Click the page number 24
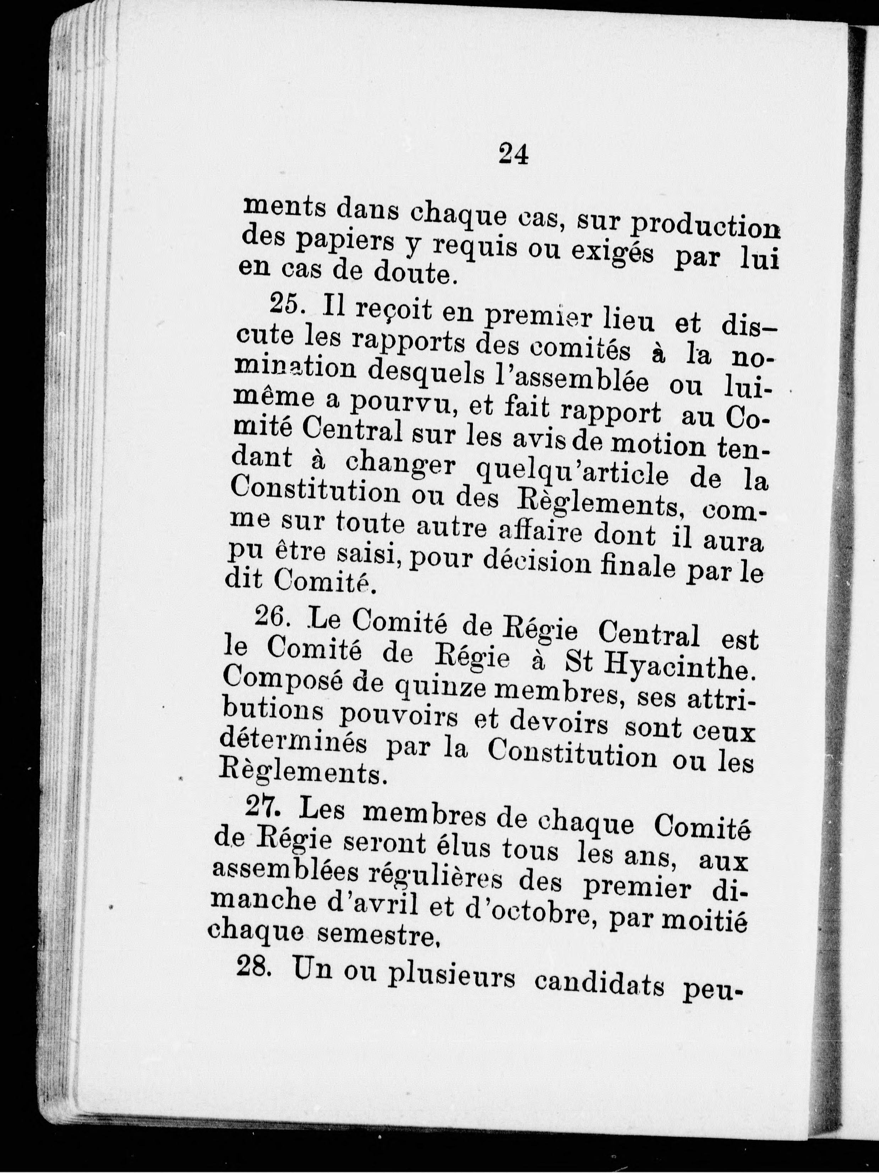[x=513, y=156]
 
